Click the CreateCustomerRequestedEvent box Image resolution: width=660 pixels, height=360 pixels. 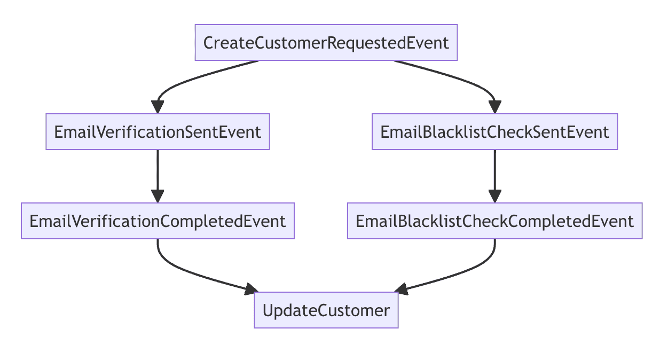click(x=326, y=42)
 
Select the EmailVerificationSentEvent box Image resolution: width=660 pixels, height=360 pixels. click(x=158, y=131)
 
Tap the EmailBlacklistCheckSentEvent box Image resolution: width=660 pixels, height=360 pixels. click(x=494, y=131)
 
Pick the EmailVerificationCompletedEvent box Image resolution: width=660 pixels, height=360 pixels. click(x=158, y=221)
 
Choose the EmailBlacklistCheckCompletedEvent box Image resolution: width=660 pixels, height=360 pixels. click(x=494, y=221)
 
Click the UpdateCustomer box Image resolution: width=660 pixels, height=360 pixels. click(x=326, y=310)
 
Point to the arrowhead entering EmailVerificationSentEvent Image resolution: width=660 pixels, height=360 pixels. click(x=158, y=107)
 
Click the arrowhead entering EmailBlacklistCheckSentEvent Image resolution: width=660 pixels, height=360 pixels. click(x=494, y=107)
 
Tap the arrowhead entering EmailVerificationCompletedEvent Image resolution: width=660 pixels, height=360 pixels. click(x=158, y=197)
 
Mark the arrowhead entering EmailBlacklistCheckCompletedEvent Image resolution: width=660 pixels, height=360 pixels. click(x=494, y=197)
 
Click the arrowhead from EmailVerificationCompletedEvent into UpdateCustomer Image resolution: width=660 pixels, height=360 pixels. click(x=251, y=289)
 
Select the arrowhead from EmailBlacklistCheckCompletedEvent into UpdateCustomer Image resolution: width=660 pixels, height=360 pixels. click(x=402, y=289)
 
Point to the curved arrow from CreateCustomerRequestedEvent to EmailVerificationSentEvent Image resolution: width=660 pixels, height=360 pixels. click(x=188, y=81)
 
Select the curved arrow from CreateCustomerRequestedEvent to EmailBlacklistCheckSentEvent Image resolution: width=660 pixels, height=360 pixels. click(x=464, y=81)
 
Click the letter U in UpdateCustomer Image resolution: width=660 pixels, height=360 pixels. click(x=268, y=310)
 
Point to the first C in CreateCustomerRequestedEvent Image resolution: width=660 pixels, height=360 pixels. click(x=209, y=43)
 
